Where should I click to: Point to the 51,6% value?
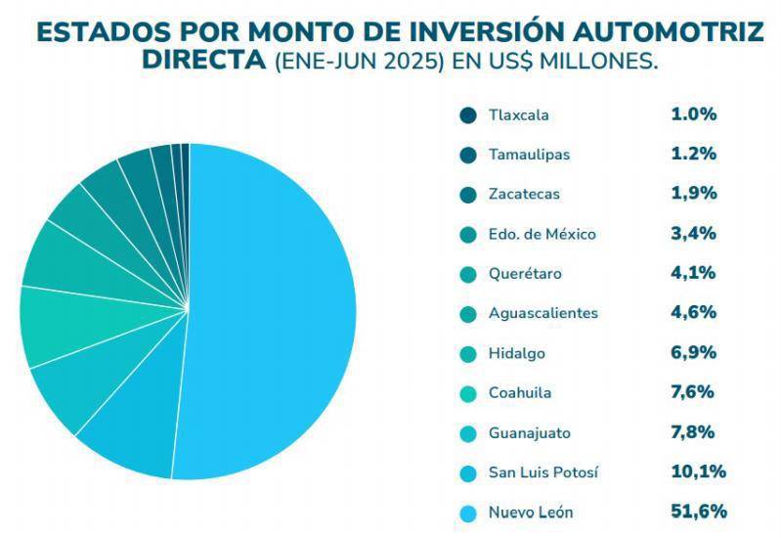[699, 512]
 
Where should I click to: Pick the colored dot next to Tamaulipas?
[467, 155]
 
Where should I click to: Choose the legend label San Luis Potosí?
[542, 472]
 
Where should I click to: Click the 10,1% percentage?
[699, 472]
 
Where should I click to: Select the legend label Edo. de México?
[542, 234]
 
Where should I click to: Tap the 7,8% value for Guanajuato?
[694, 432]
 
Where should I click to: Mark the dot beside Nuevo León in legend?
[467, 513]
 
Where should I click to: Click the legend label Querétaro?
[525, 274]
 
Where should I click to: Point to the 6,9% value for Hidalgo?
[694, 353]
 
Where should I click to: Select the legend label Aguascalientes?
[542, 313]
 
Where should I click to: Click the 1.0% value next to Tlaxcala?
[694, 114]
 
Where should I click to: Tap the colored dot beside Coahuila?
[467, 393]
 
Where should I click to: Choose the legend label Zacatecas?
[524, 194]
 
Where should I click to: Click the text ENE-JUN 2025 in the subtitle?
[359, 61]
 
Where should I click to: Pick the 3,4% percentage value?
[694, 234]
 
